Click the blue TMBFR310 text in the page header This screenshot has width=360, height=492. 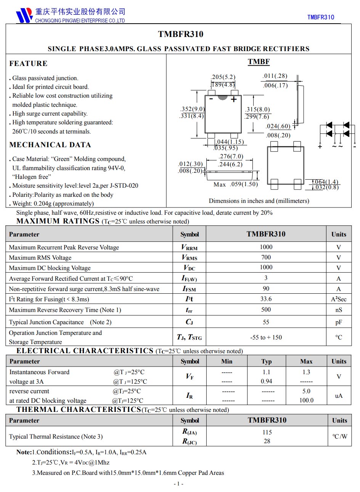320,17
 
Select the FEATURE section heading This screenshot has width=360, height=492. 29,64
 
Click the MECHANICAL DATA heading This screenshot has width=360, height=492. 50,145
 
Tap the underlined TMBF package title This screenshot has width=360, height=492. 259,62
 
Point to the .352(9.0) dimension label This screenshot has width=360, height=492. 192,109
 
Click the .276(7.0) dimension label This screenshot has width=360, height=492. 231,156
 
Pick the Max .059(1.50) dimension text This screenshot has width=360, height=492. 236,185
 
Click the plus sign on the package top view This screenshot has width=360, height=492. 234,100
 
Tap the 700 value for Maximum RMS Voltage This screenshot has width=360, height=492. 266,257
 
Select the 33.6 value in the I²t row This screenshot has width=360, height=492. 266,299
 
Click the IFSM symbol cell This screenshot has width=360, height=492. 189,289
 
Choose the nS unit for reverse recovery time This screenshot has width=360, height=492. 339,310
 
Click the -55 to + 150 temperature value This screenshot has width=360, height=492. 266,338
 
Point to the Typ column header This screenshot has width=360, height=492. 267,362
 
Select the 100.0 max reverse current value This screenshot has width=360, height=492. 306,400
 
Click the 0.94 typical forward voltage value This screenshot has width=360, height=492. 266,381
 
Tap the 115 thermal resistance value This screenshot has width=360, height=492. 267,433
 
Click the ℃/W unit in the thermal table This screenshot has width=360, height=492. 339,437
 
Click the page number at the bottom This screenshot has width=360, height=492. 178,484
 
